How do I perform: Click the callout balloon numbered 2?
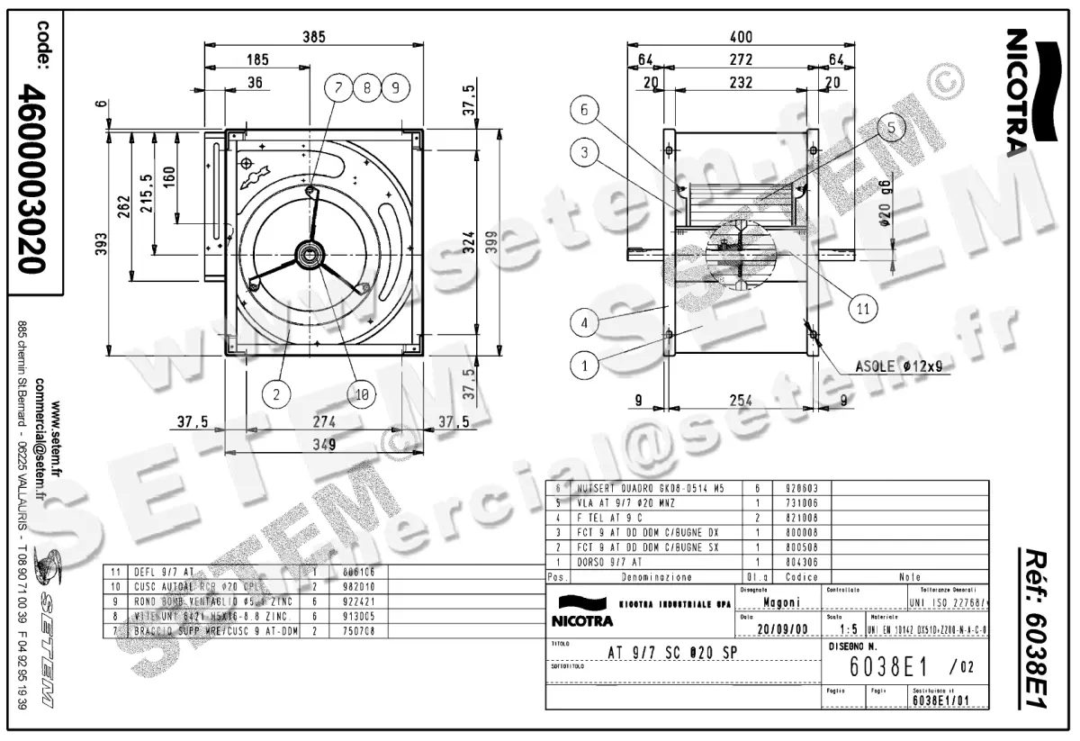276,393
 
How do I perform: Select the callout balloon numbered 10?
361,393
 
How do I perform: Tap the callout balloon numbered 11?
862,308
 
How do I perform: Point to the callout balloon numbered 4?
586,321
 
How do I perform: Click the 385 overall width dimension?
312,37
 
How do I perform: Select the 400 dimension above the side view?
740,37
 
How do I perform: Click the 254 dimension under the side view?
740,402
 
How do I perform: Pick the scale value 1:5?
847,629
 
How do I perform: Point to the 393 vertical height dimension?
100,243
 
